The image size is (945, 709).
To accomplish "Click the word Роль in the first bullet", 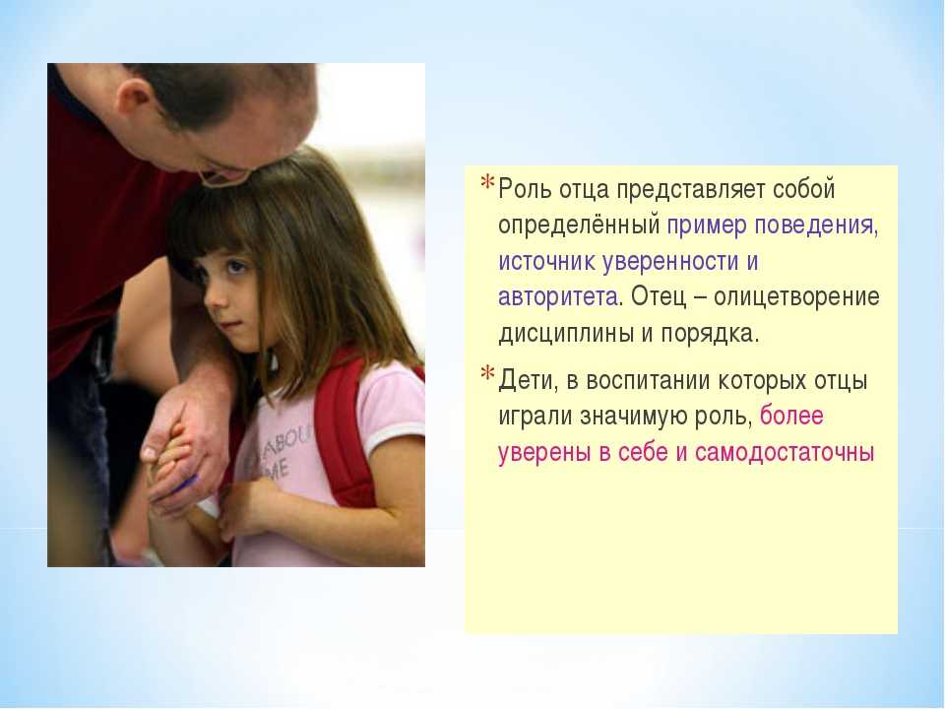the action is (525, 189).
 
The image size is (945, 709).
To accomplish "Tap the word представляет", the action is (690, 190).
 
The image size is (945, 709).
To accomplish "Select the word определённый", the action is (579, 226).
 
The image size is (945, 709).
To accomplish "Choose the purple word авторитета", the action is (557, 297).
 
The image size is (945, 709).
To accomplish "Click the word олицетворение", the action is (796, 297).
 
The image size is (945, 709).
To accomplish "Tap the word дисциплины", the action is (565, 334).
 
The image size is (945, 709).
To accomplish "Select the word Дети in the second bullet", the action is (525, 381).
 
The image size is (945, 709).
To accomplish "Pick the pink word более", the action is (791, 416).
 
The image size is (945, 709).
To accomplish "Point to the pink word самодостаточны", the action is (785, 453).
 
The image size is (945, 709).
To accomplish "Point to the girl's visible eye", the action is (235, 266).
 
